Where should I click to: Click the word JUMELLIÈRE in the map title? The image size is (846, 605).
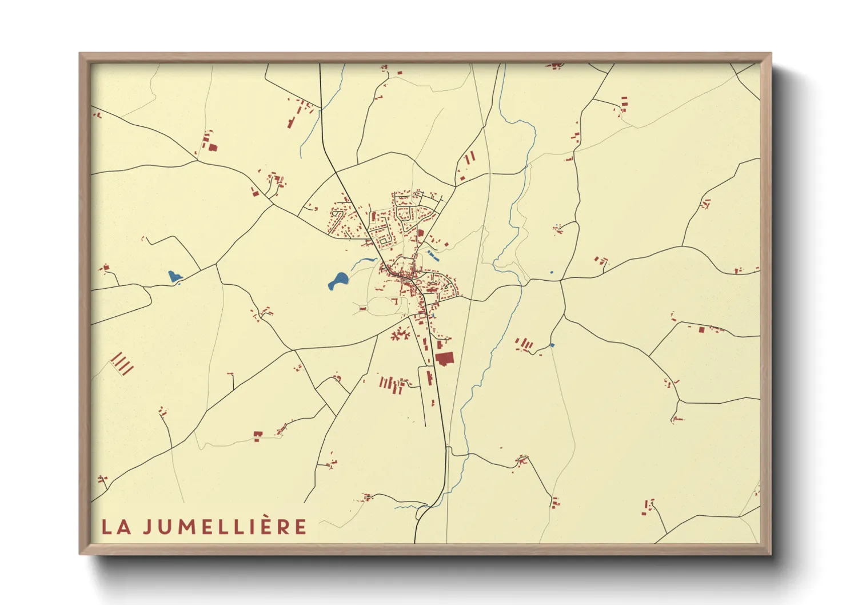(225, 527)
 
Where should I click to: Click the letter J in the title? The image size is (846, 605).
(147, 527)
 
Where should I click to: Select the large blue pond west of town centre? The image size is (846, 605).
(338, 281)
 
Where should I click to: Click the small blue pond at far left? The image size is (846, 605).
(174, 277)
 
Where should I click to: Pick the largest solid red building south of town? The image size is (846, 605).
(444, 359)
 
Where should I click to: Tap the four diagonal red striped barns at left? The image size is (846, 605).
(122, 363)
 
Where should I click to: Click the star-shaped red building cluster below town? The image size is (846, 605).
(400, 334)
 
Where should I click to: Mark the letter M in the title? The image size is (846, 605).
(187, 527)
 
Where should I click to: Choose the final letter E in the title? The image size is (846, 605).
(301, 527)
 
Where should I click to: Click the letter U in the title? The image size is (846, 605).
(165, 527)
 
